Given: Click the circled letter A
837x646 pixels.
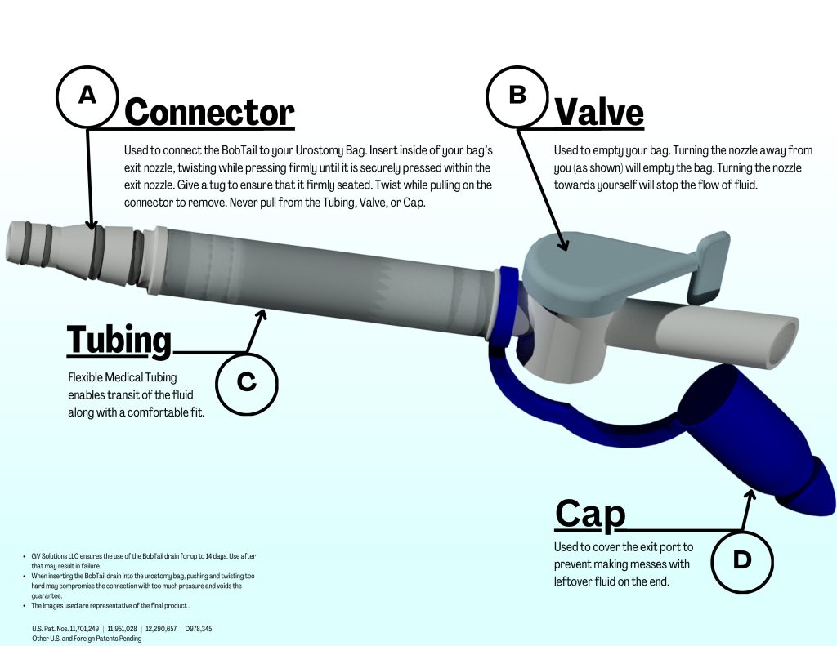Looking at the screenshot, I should click(x=87, y=96).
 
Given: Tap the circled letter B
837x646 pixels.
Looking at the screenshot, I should click(x=517, y=96).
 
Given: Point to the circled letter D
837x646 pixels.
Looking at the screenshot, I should click(x=741, y=559).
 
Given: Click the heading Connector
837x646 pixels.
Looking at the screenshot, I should click(x=209, y=112).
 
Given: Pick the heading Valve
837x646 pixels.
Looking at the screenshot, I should click(x=599, y=112).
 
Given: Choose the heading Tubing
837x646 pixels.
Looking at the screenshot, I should click(x=119, y=340).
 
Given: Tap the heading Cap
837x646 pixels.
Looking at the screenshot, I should click(x=590, y=514).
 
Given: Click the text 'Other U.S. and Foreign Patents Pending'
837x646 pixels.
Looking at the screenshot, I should click(x=87, y=639).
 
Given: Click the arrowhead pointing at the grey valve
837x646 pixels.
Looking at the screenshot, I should click(x=562, y=243).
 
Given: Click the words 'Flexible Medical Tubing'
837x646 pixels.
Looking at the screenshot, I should click(x=114, y=377).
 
